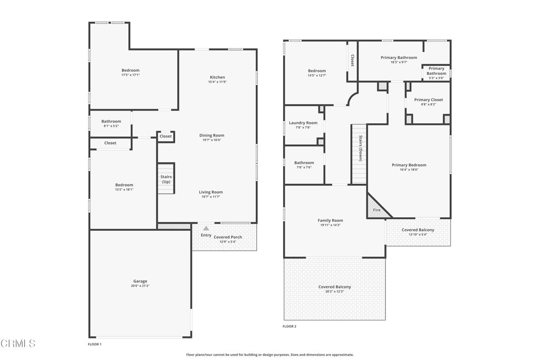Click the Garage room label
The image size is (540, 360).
pyautogui.click(x=140, y=281)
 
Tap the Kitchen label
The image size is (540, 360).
pyautogui.click(x=217, y=77)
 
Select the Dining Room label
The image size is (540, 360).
pyautogui.click(x=211, y=135)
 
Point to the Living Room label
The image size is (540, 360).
pyautogui.click(x=211, y=192)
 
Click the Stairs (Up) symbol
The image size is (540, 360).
pyautogui.click(x=166, y=178)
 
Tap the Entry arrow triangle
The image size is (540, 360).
pyautogui.click(x=206, y=228)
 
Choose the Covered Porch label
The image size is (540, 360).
pyautogui.click(x=228, y=237)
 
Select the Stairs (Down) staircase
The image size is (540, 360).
pyautogui.click(x=359, y=154)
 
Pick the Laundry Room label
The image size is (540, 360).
pyautogui.click(x=303, y=122)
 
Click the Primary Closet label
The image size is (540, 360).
pyautogui.click(x=428, y=100)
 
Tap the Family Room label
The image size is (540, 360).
pyautogui.click(x=330, y=220)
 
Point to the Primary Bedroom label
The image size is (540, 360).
pyautogui.click(x=409, y=165)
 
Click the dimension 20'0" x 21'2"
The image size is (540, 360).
pyautogui.click(x=140, y=286)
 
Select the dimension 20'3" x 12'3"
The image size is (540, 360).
pyautogui.click(x=334, y=291)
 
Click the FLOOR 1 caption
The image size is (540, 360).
pyautogui.click(x=95, y=344)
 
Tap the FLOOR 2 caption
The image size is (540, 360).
pyautogui.click(x=290, y=326)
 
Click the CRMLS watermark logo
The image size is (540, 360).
pyautogui.click(x=18, y=343)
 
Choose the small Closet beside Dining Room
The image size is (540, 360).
pyautogui.click(x=166, y=137)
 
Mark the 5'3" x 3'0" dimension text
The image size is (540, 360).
pyautogui.click(x=436, y=78)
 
